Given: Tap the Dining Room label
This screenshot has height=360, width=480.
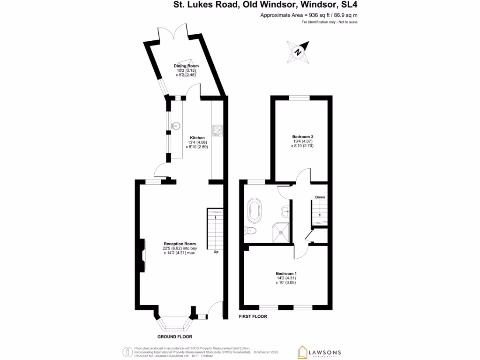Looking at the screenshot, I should click(x=187, y=66).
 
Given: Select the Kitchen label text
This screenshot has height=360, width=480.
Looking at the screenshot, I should click(x=197, y=137).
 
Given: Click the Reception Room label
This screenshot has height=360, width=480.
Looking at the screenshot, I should click(x=179, y=244).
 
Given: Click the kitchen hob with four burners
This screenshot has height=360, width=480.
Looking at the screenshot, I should click(x=217, y=130).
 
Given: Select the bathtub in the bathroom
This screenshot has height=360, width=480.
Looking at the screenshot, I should click(x=255, y=210).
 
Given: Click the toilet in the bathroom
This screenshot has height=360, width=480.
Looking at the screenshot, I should click(x=250, y=230).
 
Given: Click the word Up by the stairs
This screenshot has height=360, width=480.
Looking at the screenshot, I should click(x=216, y=252).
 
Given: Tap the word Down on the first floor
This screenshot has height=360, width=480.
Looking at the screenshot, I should click(x=320, y=197).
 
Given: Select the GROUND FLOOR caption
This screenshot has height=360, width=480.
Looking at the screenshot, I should click(x=174, y=337).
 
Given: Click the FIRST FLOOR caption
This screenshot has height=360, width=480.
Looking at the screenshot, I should click(x=253, y=316).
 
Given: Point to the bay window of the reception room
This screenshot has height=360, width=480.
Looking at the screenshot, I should click(x=173, y=323).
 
